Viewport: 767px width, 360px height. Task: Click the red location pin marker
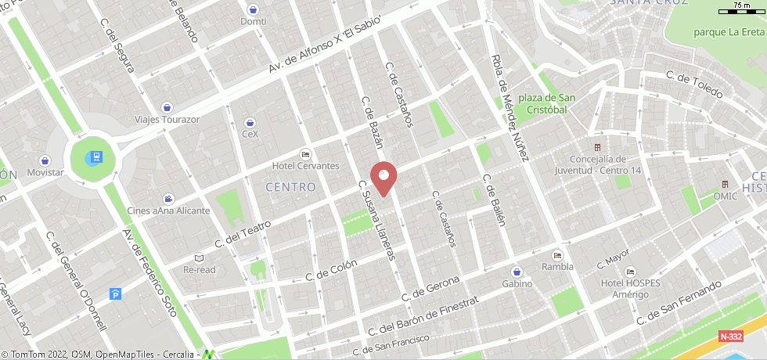[383, 177]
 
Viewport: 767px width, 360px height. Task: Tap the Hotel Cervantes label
[305, 166]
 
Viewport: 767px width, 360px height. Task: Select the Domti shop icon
[253, 9]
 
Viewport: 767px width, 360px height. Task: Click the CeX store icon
[250, 122]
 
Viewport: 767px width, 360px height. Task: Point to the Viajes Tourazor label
[167, 120]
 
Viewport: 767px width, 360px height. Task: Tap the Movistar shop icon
[45, 160]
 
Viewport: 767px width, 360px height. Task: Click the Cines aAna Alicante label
[168, 211]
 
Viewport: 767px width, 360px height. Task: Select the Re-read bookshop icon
[199, 257]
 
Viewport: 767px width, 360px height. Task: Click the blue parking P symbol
[116, 294]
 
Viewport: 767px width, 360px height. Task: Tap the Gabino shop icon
[517, 271]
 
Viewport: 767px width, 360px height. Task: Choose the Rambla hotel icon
[557, 255]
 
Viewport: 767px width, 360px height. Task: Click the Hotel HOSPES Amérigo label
[625, 288]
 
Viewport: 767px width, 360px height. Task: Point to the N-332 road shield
[730, 336]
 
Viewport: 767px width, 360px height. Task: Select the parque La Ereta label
[729, 32]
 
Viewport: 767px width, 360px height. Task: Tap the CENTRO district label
[290, 187]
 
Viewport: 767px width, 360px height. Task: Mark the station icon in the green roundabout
[95, 157]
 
